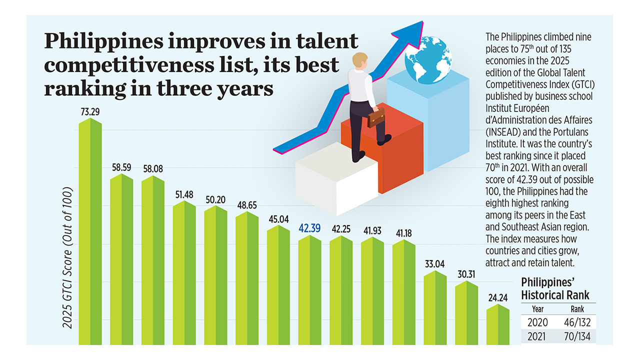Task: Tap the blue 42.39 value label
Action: click(310, 228)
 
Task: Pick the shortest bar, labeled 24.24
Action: click(498, 325)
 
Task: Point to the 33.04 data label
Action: click(434, 264)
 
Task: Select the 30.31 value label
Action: click(466, 274)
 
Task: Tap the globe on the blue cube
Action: click(427, 60)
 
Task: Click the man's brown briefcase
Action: click(376, 118)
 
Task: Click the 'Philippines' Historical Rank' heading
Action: click(555, 287)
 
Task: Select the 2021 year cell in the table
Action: click(537, 337)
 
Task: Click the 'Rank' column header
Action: click(577, 309)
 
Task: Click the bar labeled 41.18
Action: click(403, 292)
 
